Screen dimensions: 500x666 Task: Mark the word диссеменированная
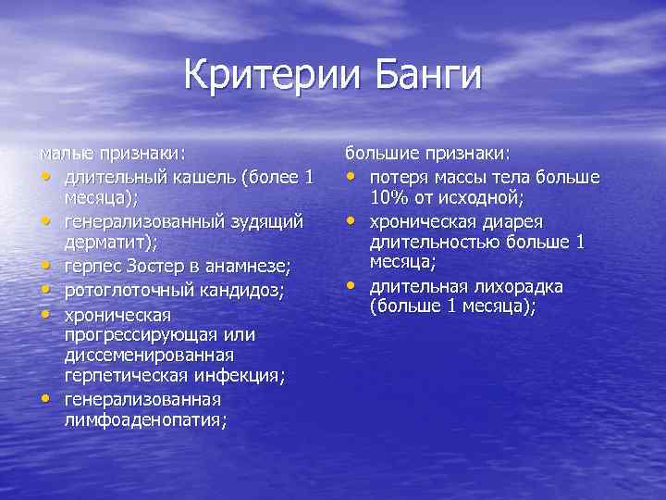coord(149,355)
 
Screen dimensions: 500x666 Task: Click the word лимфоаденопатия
coord(143,419)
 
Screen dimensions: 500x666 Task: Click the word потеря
coord(401,177)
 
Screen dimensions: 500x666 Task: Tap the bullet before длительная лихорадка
coord(351,286)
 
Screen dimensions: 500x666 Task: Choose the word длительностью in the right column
coord(430,243)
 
